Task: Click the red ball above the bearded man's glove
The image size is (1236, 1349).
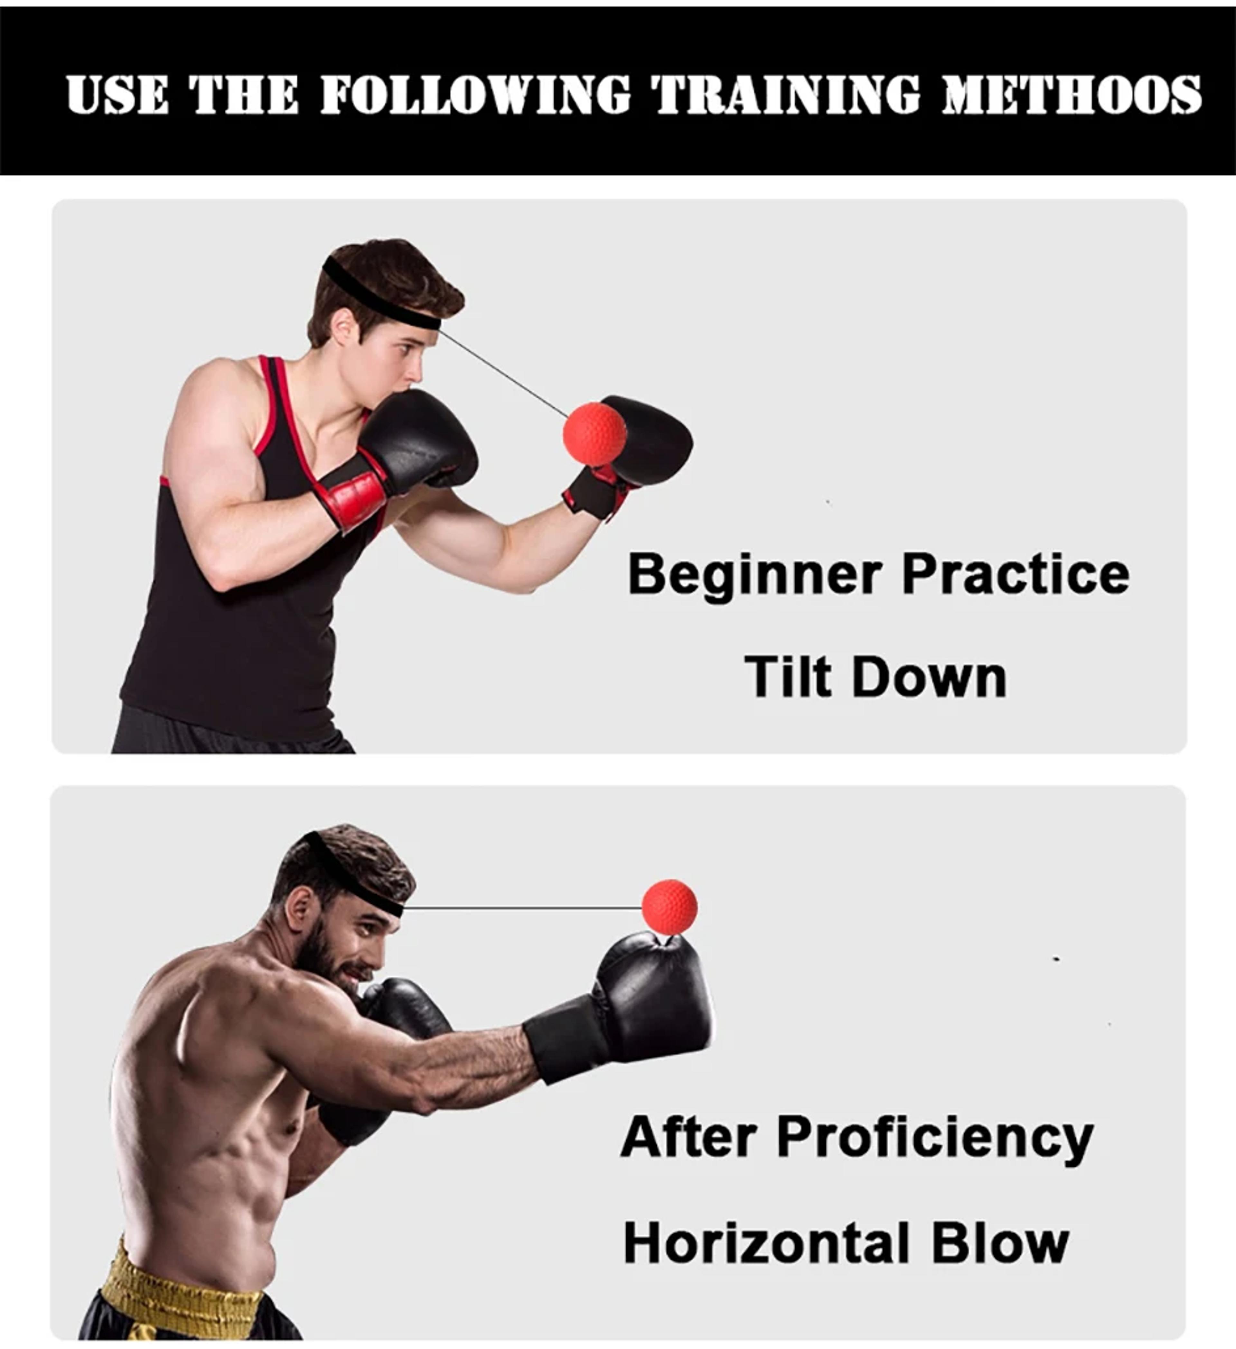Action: pyautogui.click(x=669, y=907)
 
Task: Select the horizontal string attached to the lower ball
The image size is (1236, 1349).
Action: pyautogui.click(x=523, y=908)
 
